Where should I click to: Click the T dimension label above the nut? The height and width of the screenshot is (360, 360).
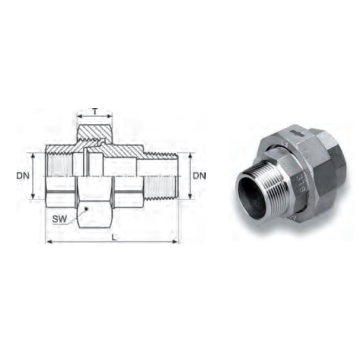[x=95, y=112]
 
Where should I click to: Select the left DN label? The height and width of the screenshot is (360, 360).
[x=23, y=176]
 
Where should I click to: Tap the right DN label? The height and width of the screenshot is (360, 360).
[x=200, y=176]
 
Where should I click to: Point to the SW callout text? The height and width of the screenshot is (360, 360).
[x=60, y=219]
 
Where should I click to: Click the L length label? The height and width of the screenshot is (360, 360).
[x=114, y=237]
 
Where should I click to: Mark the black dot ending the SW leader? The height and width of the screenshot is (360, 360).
[x=87, y=209]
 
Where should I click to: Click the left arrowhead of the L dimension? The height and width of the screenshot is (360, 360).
[x=49, y=241]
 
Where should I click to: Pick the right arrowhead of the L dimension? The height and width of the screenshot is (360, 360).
[x=175, y=241]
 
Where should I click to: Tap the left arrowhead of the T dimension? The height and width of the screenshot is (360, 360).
[x=80, y=116]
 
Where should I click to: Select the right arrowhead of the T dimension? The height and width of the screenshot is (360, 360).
[x=109, y=116]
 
